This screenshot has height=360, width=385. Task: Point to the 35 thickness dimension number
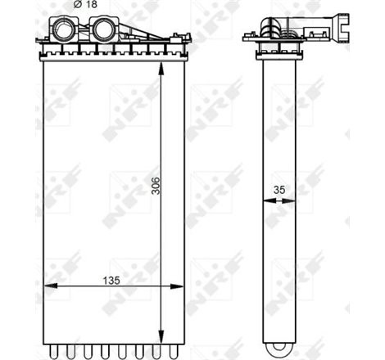pos(279,190)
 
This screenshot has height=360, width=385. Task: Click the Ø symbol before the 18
pos(77,6)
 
